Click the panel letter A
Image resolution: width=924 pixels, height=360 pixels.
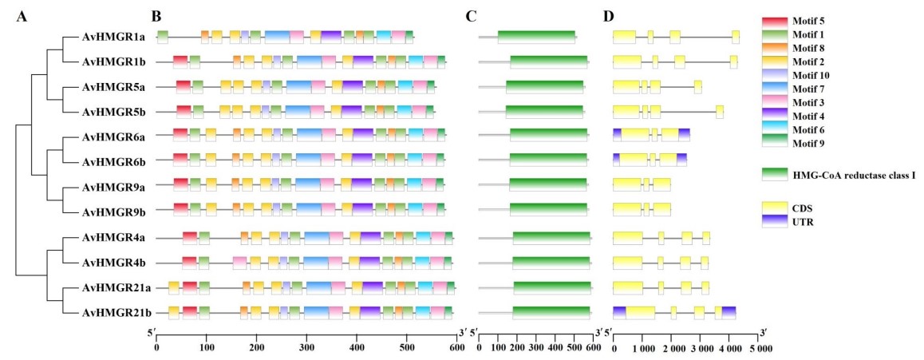point(22,17)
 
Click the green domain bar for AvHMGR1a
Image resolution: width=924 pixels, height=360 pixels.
point(536,37)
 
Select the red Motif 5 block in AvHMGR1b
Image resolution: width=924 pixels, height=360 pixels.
point(180,62)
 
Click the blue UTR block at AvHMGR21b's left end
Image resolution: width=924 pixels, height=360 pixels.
point(619,313)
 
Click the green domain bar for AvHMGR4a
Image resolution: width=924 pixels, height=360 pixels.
point(551,237)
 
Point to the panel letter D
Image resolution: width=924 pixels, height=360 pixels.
point(610,17)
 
